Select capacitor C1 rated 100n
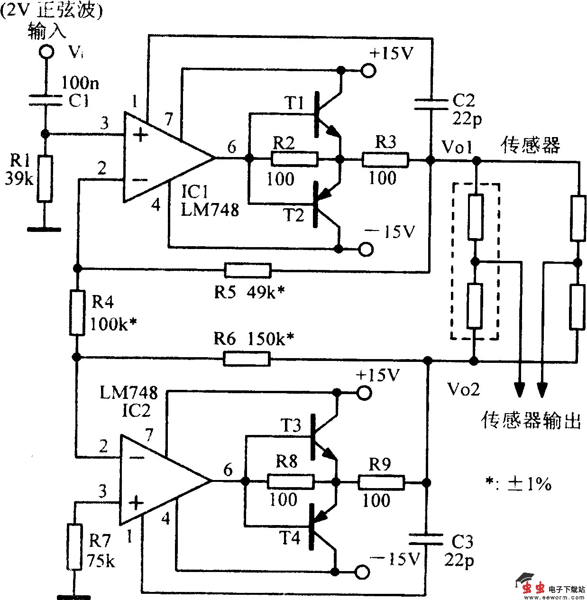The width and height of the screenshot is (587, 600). point(46,100)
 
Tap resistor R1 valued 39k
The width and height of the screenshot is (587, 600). point(45,178)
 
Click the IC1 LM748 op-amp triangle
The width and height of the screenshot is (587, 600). point(161,157)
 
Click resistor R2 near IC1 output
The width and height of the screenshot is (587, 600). point(294,159)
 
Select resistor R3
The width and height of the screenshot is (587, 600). point(385,160)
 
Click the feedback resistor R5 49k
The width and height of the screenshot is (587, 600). point(248,270)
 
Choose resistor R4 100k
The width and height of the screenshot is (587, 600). point(77,313)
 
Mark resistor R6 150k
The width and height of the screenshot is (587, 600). point(247,359)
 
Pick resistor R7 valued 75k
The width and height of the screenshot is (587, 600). point(75,546)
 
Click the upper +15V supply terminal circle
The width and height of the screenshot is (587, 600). point(368,71)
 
